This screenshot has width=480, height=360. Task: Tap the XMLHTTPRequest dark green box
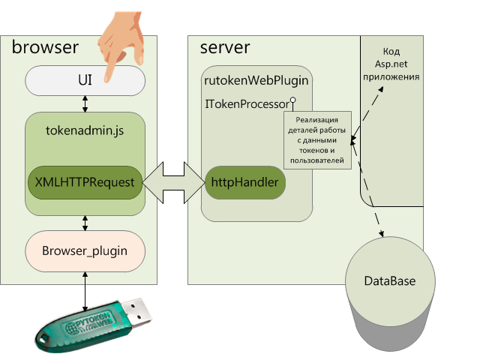coord(85,182)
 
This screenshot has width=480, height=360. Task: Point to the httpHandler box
coord(244,182)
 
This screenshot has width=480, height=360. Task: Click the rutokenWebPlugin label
coord(257,79)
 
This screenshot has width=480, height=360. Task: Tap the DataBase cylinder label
coord(389,281)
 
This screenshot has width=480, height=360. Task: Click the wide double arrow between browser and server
coord(173,182)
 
